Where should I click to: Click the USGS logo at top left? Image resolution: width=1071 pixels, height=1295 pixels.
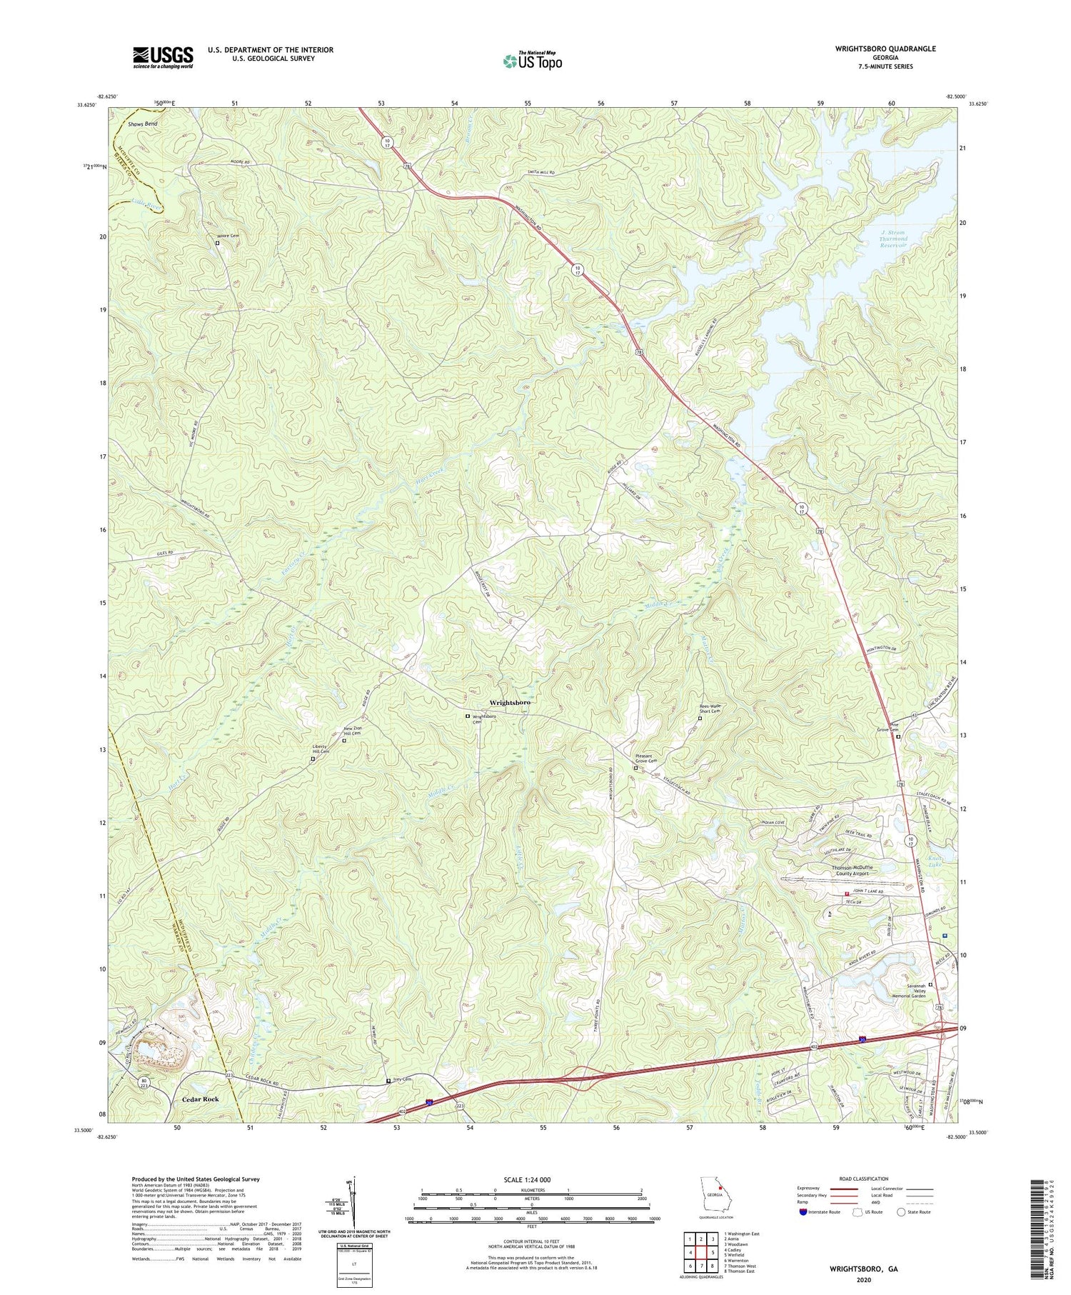click(163, 57)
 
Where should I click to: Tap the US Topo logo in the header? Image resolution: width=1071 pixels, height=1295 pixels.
click(532, 61)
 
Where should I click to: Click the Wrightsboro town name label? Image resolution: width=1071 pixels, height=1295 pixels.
click(510, 703)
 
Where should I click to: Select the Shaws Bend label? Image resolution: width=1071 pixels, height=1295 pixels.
click(142, 124)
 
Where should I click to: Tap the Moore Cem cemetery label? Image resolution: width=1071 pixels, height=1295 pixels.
click(232, 236)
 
